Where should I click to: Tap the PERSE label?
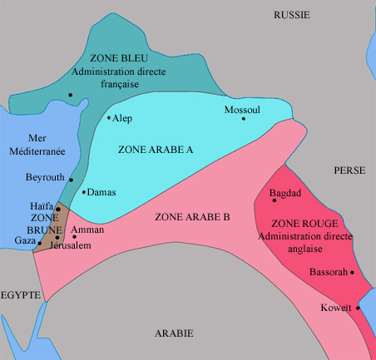click(x=349, y=170)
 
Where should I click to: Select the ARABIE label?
click(x=174, y=333)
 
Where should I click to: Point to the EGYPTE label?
click(x=21, y=295)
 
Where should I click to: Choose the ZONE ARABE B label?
click(x=192, y=217)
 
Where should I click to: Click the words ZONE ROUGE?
click(x=300, y=224)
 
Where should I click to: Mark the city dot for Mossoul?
click(x=244, y=119)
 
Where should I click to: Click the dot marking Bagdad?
click(x=275, y=200)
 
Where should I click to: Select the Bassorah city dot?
click(x=353, y=273)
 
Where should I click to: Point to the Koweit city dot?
click(x=359, y=308)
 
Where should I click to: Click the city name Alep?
click(x=121, y=119)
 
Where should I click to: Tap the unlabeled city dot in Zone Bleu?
click(x=72, y=95)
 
